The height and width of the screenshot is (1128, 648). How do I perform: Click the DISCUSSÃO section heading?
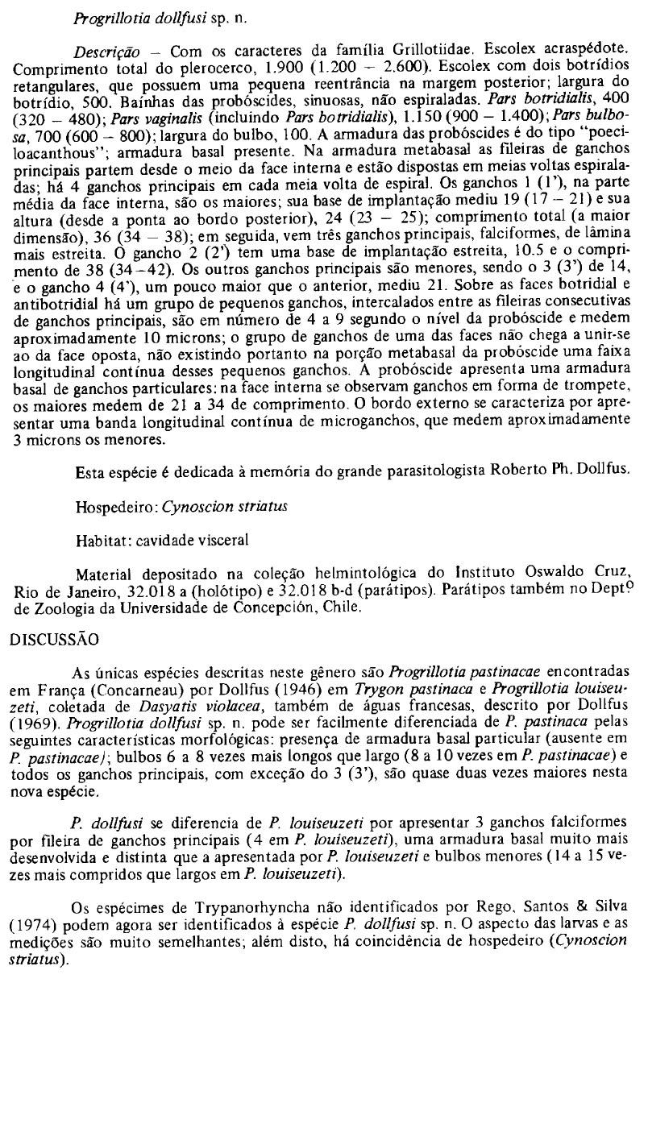click(53, 641)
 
